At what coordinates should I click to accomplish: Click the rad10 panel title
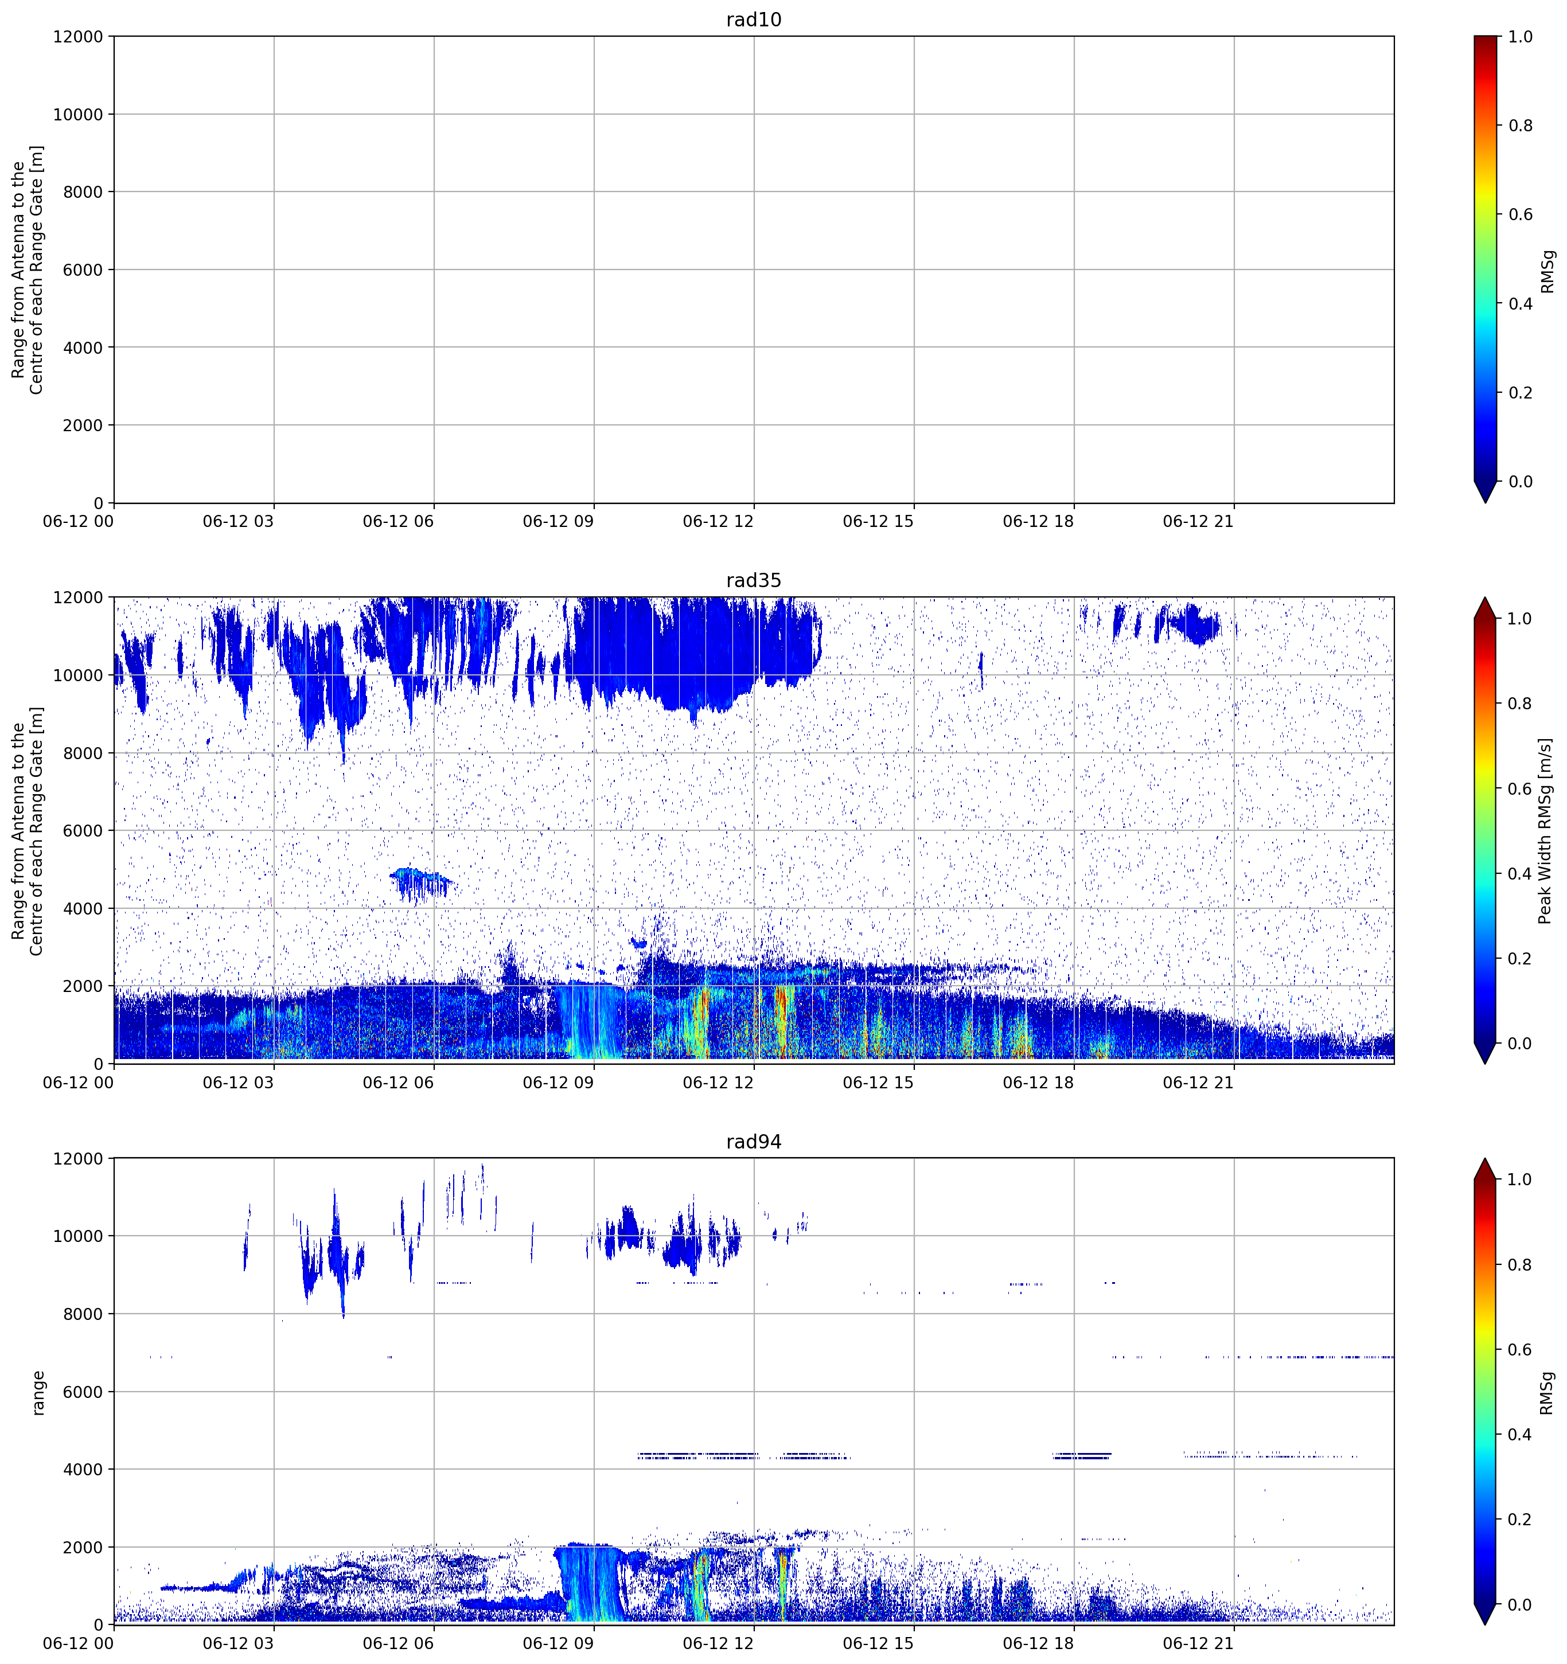[x=753, y=19]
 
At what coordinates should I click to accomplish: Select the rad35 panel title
[x=753, y=580]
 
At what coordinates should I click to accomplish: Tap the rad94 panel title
[x=753, y=1142]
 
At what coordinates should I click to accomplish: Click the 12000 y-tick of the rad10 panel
[x=78, y=37]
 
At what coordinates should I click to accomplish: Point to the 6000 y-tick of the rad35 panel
[x=83, y=830]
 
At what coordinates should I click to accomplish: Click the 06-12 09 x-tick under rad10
[x=558, y=521]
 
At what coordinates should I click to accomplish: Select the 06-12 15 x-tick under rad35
[x=878, y=1082]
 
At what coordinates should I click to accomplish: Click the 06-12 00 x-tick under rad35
[x=79, y=1082]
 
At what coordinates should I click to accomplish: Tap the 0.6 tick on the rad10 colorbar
[x=1521, y=214]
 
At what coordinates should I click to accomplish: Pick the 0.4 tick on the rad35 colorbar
[x=1521, y=874]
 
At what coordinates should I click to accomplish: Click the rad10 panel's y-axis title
[x=28, y=269]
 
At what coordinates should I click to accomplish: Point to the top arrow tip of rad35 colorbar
[x=1484, y=597]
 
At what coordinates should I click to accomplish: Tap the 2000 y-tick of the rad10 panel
[x=83, y=425]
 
